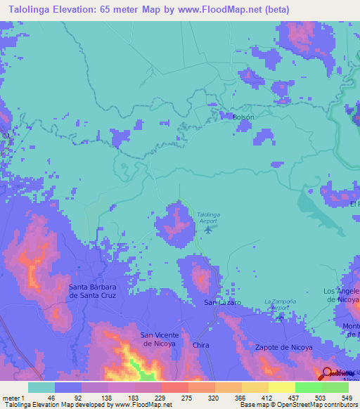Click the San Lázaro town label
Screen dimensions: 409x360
[222, 302]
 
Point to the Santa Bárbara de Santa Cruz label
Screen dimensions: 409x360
[97, 291]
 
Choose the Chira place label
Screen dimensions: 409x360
[201, 346]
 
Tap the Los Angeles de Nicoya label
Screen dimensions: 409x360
[342, 294]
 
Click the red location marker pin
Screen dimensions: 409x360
[328, 372]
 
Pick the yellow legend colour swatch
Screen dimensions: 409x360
[281, 387]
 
